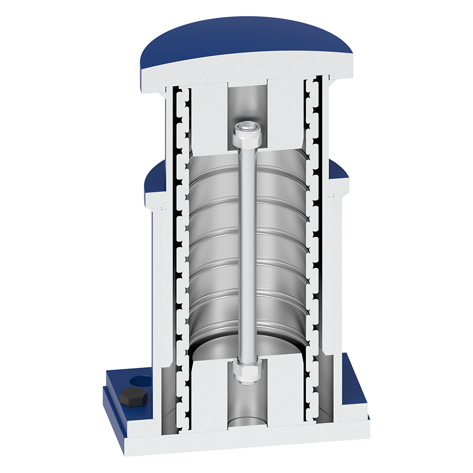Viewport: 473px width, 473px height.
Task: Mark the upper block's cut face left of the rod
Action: (x=208, y=118)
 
